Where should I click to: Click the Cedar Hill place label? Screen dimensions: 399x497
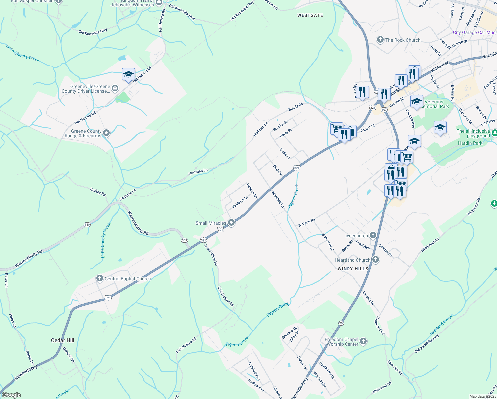pos(62,340)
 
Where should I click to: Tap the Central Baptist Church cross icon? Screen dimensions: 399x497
pos(99,279)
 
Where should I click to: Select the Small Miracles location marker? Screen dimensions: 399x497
pos(231,223)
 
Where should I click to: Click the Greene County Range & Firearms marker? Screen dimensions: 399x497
pos(106,133)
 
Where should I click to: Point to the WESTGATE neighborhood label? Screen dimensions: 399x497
pos(310,15)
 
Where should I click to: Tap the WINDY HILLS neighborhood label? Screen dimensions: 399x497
pos(353,269)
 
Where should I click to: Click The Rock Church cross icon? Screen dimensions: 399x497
pos(380,40)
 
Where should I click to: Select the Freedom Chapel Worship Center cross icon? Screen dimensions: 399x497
pos(363,341)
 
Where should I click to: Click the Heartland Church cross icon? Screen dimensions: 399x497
pos(376,260)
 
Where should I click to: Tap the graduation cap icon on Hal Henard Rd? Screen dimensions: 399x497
pos(128,74)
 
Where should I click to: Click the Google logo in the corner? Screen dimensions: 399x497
pos(11,395)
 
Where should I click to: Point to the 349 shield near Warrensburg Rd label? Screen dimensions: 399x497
pos(87,225)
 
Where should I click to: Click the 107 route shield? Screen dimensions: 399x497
pos(384,110)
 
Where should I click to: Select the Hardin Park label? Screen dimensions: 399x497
pos(470,143)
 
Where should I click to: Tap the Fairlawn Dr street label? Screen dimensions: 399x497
pos(240,202)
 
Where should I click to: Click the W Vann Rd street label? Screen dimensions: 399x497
pos(306,223)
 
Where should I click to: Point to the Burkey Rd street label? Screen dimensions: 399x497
pos(98,192)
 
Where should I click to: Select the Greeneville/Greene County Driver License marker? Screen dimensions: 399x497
pos(115,88)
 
